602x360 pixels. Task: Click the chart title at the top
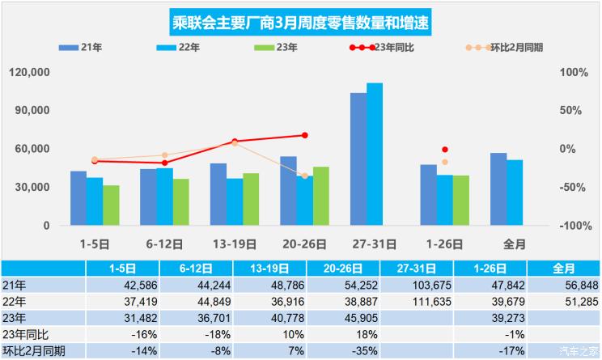(x=300, y=23)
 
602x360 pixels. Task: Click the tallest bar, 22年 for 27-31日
(x=375, y=154)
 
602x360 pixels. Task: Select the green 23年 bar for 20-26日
(x=321, y=196)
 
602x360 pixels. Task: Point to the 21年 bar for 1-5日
(x=78, y=198)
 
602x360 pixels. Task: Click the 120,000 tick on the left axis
(x=31, y=72)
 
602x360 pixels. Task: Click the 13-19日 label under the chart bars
(x=235, y=244)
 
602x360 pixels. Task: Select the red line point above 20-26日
(x=305, y=135)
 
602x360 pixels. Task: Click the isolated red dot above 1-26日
(x=444, y=150)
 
